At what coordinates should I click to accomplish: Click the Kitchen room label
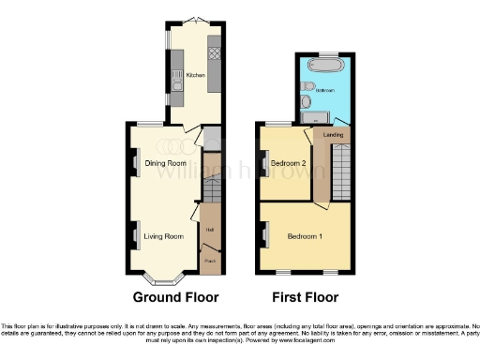coord(195,74)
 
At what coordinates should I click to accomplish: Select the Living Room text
coord(163,236)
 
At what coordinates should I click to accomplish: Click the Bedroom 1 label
coord(305,236)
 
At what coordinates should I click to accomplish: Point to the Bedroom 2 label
coord(286,163)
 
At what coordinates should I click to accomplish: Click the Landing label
coord(333,136)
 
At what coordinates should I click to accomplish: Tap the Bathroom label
coord(324,91)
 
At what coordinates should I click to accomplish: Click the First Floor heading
coord(305,297)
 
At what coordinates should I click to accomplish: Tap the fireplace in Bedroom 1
coord(264,234)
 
